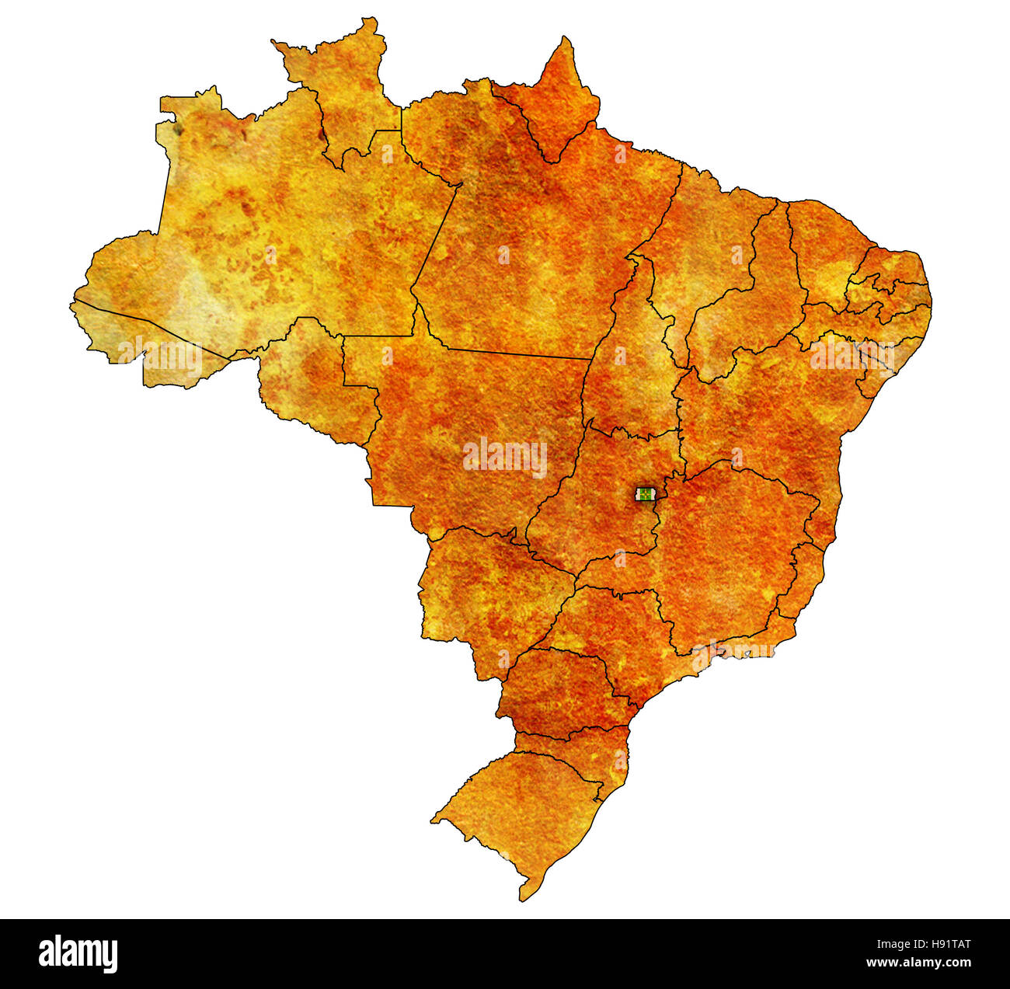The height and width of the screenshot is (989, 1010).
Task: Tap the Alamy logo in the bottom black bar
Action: tap(78, 953)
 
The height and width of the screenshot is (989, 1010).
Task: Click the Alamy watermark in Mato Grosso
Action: tap(505, 457)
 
